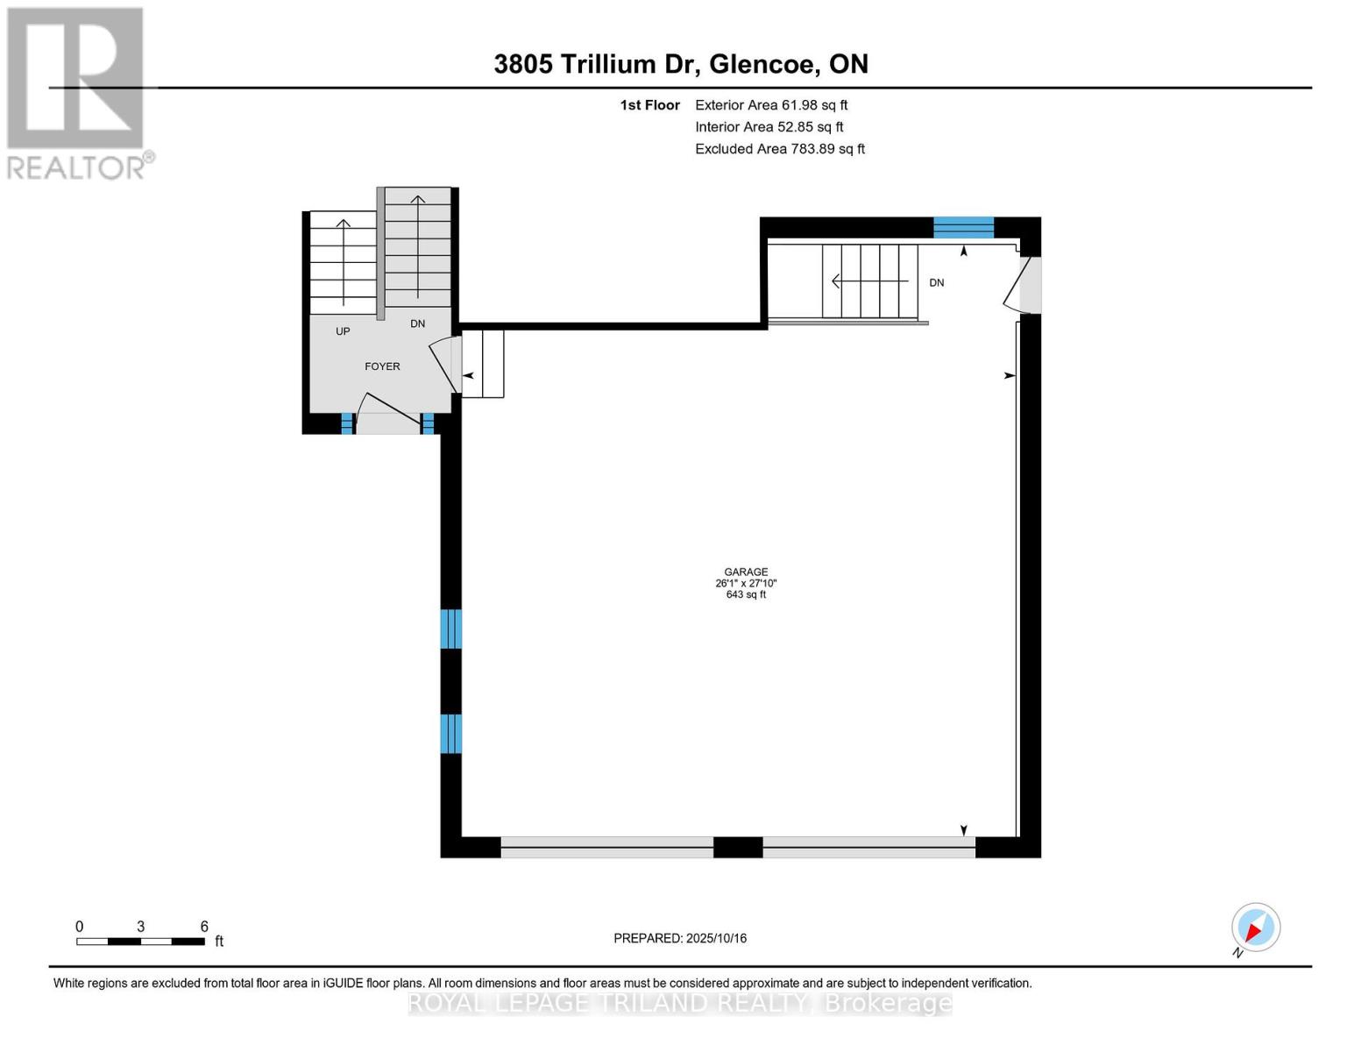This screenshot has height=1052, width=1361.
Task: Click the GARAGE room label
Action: pos(746,572)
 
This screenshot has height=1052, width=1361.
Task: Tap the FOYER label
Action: pos(382,366)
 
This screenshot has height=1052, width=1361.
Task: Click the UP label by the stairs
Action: pos(343,331)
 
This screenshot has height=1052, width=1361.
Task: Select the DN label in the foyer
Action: pos(417,323)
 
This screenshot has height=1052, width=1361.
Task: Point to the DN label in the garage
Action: pos(936,282)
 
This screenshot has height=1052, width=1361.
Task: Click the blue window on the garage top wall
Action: pos(963,228)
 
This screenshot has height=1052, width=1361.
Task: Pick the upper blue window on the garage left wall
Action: pos(450,629)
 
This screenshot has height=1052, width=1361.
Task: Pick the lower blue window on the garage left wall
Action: pos(450,734)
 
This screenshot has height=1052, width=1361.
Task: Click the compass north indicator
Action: pos(1255,928)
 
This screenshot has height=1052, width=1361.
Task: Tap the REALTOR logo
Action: pos(76,92)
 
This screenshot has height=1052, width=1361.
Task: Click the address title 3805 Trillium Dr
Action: pos(681,64)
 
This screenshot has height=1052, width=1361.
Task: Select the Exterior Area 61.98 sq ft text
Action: pos(771,105)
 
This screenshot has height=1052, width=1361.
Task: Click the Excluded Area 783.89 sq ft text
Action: pos(780,149)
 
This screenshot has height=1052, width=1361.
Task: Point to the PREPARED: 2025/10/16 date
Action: pos(680,938)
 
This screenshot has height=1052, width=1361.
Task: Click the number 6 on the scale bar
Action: pos(204,927)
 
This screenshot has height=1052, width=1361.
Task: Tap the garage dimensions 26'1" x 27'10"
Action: pos(746,583)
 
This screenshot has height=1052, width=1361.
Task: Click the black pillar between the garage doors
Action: pos(738,847)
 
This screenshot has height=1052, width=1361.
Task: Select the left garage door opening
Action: pos(606,847)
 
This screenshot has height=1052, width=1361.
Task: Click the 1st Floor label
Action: pos(649,105)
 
